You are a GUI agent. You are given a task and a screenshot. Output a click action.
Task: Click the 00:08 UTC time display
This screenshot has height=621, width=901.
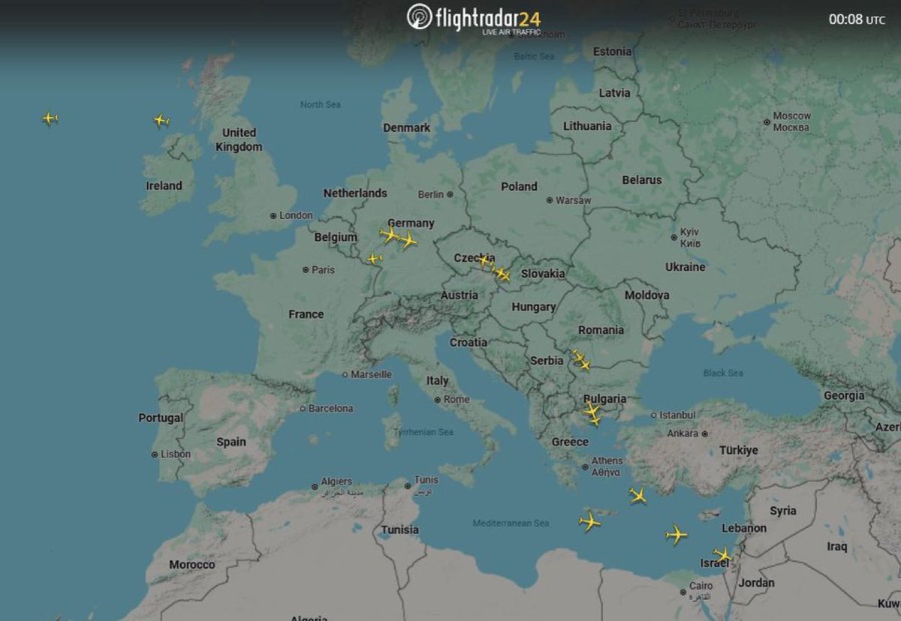tap(856, 19)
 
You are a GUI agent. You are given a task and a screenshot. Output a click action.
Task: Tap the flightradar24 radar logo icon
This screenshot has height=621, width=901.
tap(419, 17)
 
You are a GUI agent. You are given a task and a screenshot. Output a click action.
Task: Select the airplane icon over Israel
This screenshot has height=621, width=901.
tap(722, 556)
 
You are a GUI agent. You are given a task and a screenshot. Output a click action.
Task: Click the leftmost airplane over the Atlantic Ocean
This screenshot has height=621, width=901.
tap(50, 118)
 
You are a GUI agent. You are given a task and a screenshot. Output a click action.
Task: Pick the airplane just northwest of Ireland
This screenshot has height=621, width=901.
tap(161, 120)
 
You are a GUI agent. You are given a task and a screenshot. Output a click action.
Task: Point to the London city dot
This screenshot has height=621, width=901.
tap(273, 216)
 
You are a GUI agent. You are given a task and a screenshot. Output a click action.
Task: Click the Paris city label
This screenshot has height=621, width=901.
tap(324, 270)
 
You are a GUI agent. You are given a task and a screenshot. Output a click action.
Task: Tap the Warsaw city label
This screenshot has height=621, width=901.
tap(574, 200)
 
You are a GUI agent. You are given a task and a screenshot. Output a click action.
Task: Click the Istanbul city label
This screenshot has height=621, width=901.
tap(678, 415)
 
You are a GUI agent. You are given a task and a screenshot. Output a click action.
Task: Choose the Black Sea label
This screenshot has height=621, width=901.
tap(723, 373)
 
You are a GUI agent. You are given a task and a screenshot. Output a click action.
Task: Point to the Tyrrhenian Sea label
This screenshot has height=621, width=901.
tap(424, 432)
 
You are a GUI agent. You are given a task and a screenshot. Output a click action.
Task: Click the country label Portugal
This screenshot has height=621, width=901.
tap(160, 418)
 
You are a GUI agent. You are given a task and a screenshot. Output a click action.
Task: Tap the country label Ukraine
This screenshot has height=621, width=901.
tap(685, 267)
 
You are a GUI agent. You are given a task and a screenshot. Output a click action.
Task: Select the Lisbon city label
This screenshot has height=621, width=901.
tap(176, 454)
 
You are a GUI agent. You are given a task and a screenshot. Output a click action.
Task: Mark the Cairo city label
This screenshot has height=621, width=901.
tap(701, 586)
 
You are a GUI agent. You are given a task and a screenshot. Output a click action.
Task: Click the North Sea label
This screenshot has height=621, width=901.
tap(321, 104)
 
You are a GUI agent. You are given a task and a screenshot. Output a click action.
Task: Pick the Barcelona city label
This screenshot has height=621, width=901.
tap(331, 409)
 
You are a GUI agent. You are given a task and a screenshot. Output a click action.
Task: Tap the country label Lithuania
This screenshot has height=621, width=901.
tap(587, 126)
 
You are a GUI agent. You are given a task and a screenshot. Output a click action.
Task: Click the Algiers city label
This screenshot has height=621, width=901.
tap(336, 481)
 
